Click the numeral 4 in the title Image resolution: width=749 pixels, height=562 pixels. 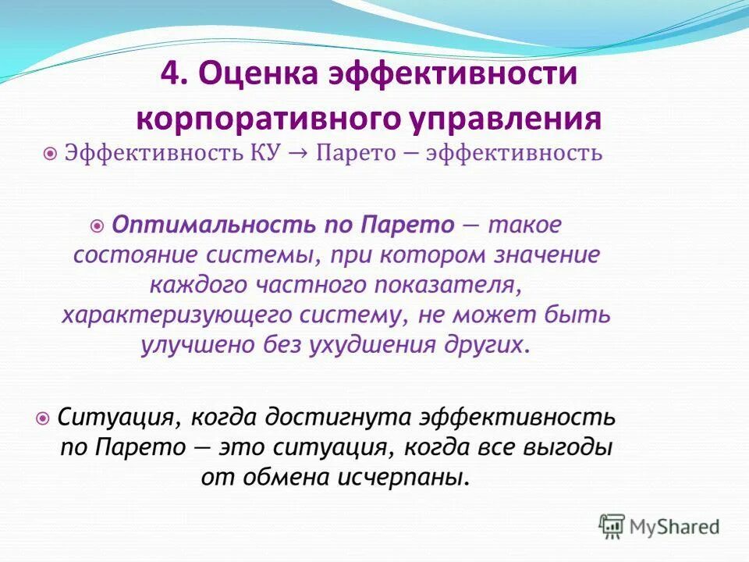pyautogui.click(x=169, y=76)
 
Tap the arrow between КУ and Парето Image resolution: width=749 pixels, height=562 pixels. pyautogui.click(x=302, y=152)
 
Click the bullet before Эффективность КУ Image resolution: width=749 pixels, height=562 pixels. pyautogui.click(x=50, y=153)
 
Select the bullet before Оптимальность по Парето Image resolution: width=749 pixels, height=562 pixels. pyautogui.click(x=98, y=226)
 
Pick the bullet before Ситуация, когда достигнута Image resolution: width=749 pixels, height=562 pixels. pyautogui.click(x=44, y=418)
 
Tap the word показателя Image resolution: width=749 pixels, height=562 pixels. pyautogui.click(x=450, y=286)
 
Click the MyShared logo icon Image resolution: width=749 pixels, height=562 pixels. pyautogui.click(x=612, y=527)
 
